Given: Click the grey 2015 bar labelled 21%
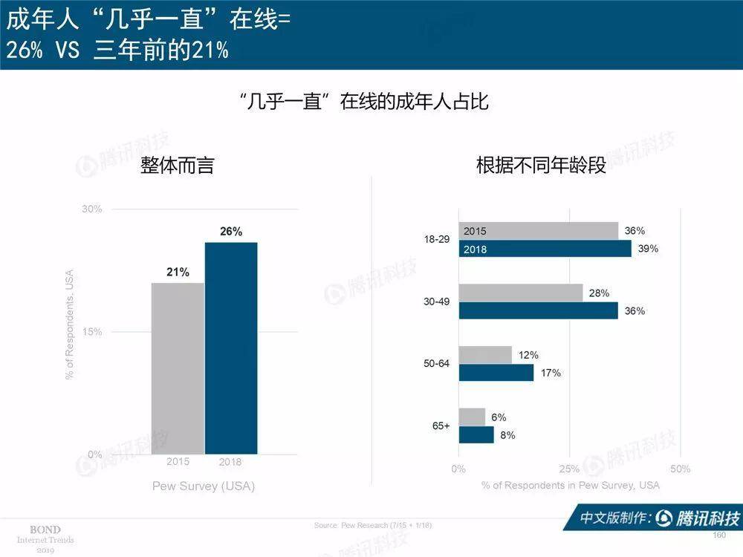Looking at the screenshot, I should click(x=178, y=368).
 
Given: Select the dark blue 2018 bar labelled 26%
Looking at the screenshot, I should click(x=231, y=348).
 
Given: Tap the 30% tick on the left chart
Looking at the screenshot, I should click(x=92, y=209).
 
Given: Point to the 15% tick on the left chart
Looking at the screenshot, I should click(x=92, y=332).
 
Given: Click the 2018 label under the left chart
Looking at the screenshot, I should click(x=230, y=462).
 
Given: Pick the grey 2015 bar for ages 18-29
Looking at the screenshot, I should click(x=538, y=231).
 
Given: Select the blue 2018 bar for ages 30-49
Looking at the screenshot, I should click(x=538, y=310).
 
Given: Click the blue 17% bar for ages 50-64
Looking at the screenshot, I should click(x=496, y=372).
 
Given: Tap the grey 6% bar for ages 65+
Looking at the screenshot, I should click(x=472, y=417).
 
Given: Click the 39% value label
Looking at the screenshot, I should click(x=648, y=249).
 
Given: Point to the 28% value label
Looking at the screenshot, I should click(x=599, y=293).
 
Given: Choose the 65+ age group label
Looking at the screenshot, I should click(x=441, y=426).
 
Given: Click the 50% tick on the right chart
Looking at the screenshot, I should click(x=680, y=469).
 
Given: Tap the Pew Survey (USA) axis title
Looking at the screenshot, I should click(x=203, y=486).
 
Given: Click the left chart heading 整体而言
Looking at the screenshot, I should click(x=178, y=165).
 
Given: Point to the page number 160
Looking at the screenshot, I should click(x=718, y=535).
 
